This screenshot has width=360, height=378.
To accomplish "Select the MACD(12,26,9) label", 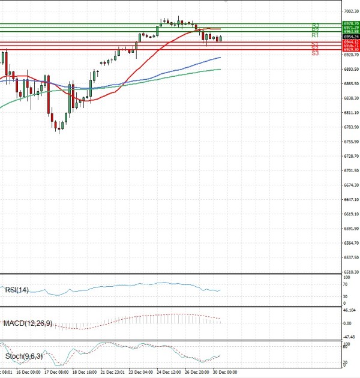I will pos(28,323).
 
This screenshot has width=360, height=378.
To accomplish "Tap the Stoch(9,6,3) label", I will pos(24,356).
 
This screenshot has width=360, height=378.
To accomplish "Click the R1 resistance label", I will pos(315,35).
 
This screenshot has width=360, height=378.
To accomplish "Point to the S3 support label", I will pos(315,53).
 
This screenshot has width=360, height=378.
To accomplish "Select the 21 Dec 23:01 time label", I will pos(113,372).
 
